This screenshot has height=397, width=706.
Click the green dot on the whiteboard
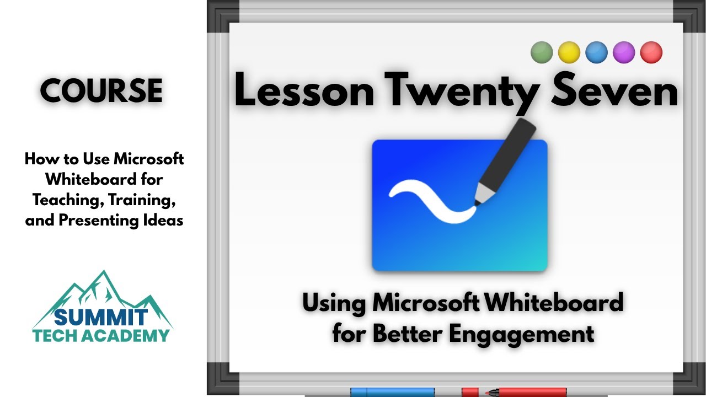(x=542, y=53)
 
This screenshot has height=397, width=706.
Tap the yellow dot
(x=569, y=53)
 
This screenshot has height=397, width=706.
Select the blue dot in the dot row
(x=596, y=53)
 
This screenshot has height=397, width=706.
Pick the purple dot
(x=624, y=53)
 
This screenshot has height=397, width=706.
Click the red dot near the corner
(x=651, y=53)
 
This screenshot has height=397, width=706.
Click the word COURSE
(x=101, y=91)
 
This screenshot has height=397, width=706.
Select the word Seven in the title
(x=616, y=92)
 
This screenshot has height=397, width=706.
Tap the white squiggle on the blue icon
(x=433, y=201)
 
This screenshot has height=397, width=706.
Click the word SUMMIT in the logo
(x=101, y=317)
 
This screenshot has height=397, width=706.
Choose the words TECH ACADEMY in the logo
(x=101, y=335)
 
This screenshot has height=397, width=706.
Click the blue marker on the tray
(x=392, y=392)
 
